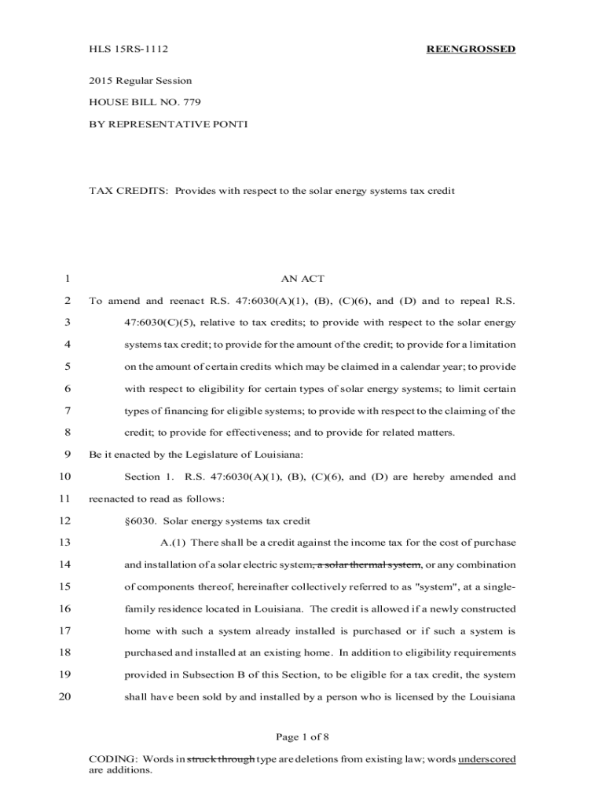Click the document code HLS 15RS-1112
(x=129, y=49)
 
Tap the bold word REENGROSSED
(x=471, y=49)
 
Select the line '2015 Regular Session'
(x=140, y=81)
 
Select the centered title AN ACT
(x=302, y=279)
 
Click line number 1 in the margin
(x=68, y=279)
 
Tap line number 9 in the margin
(x=68, y=454)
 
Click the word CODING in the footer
(x=113, y=759)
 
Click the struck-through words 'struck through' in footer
(x=221, y=759)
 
